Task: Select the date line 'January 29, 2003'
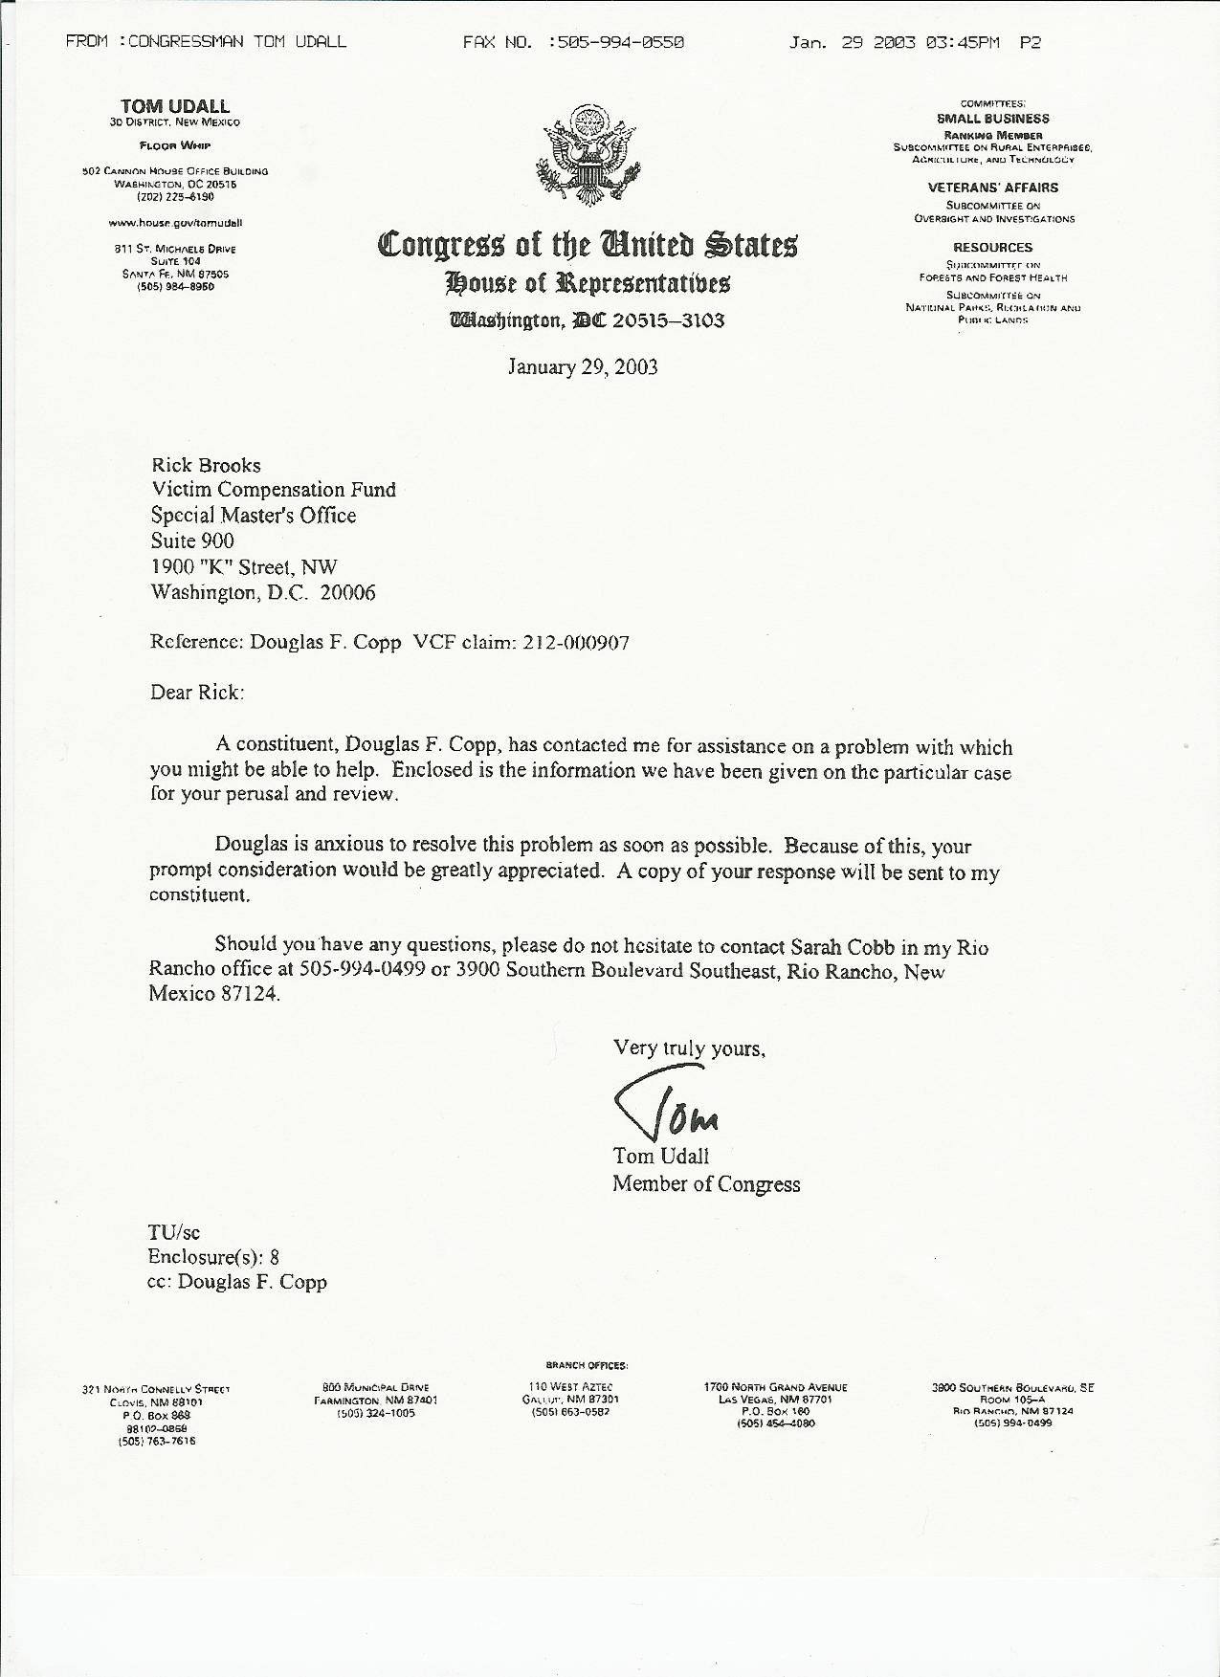point(582,367)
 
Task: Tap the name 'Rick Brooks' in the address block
point(206,466)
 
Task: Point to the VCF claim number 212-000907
point(576,643)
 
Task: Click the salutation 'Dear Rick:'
point(197,692)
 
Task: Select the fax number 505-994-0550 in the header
point(615,42)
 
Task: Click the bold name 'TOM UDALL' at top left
point(175,106)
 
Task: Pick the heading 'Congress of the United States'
point(587,245)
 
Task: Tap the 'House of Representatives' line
point(587,282)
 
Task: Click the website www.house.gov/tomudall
point(175,222)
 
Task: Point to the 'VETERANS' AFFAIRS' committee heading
point(992,188)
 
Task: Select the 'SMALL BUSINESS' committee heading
point(992,119)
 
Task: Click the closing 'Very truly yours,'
point(689,1048)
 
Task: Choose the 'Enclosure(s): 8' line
point(213,1257)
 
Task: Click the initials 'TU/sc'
point(173,1232)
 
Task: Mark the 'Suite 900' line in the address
point(192,541)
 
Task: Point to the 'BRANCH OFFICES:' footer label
point(587,1365)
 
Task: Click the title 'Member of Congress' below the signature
point(706,1184)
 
